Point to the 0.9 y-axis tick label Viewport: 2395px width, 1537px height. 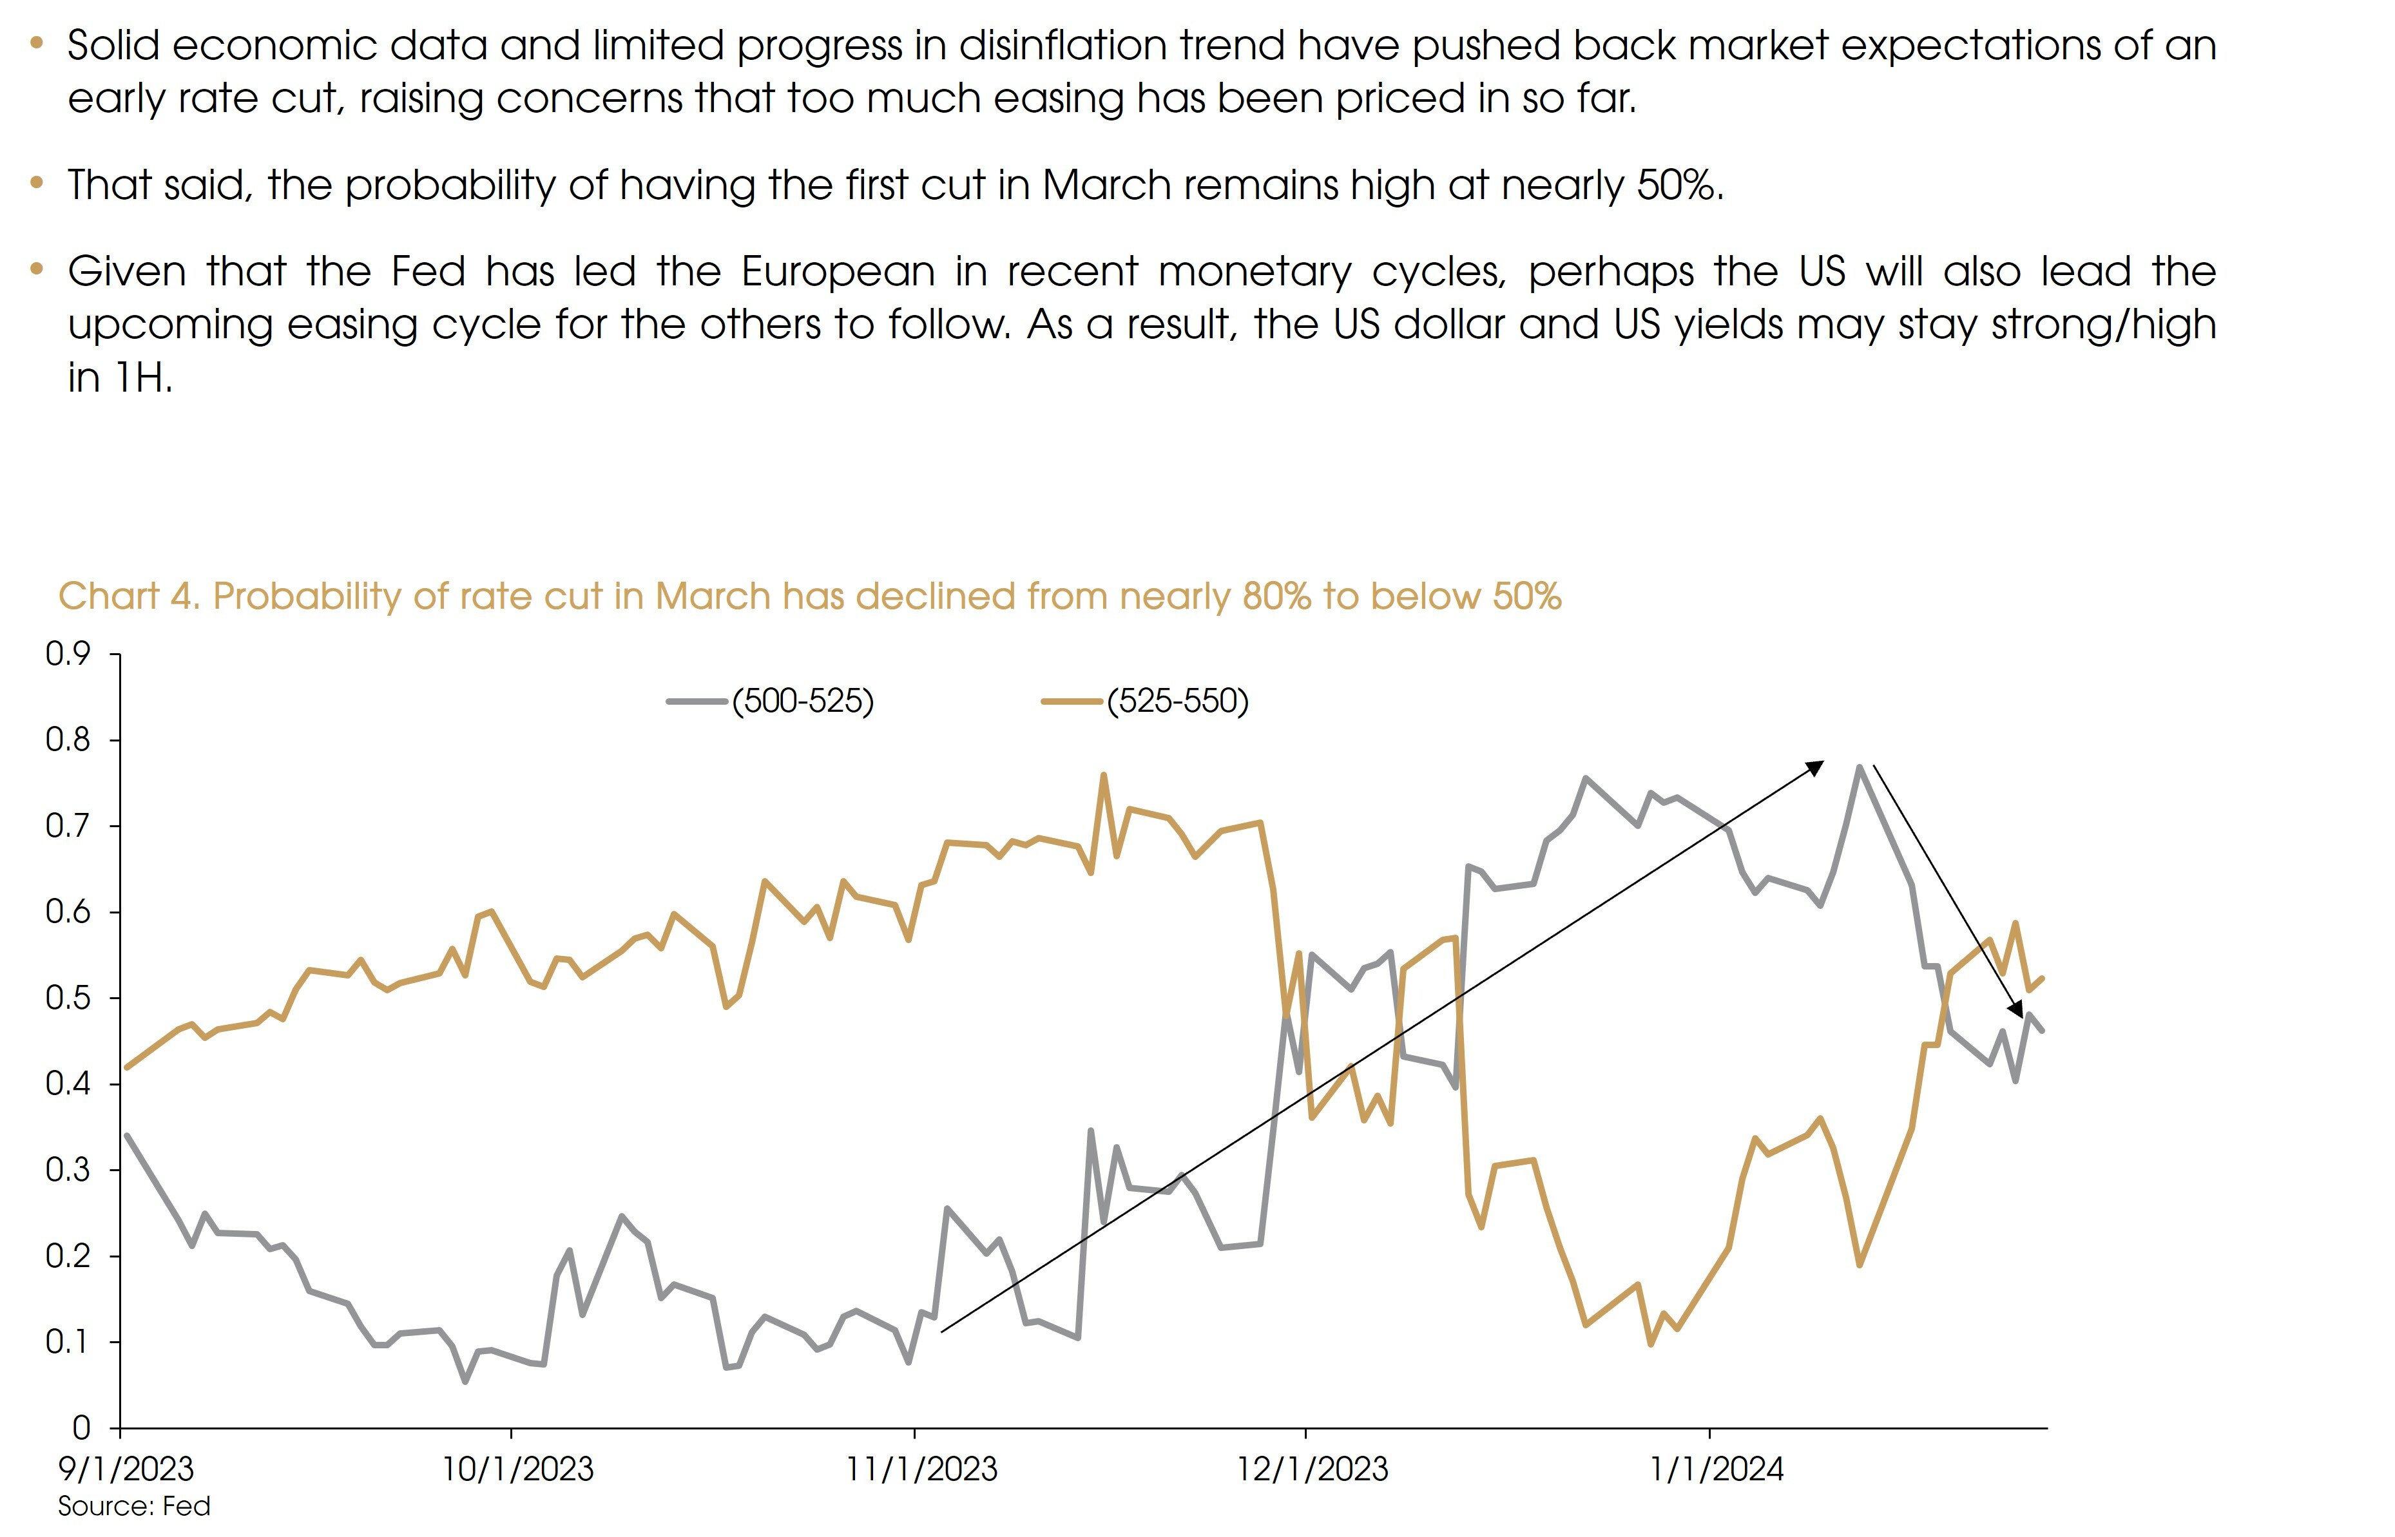[x=68, y=654]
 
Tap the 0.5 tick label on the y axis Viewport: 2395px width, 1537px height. [x=68, y=998]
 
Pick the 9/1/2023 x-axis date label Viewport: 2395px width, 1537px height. [x=126, y=1469]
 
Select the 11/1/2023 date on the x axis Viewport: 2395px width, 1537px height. [x=921, y=1469]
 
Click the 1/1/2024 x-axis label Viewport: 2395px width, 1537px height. [x=1716, y=1469]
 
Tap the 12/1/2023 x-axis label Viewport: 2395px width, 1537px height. [x=1312, y=1469]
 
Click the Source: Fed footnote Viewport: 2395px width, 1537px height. [x=134, y=1506]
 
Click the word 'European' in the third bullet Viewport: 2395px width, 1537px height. [x=838, y=271]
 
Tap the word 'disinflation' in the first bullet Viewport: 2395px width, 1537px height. [x=1059, y=46]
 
